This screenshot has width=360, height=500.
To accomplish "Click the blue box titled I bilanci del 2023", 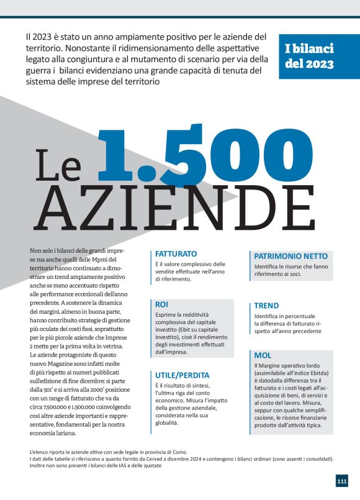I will [318, 56].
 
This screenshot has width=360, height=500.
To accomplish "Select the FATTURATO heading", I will [176, 254].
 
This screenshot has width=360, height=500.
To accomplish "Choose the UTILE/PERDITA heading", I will [182, 375].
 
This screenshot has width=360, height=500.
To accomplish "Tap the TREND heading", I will [266, 306].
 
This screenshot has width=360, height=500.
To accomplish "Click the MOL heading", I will [263, 355].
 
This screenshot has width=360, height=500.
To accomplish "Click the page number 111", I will [342, 481].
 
